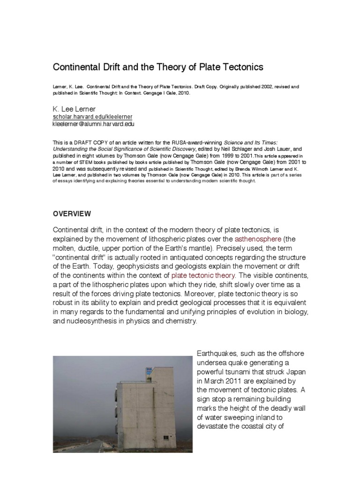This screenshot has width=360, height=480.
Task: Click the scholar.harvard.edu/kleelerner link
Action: click(x=92, y=116)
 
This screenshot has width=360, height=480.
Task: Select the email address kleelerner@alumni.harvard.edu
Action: click(x=99, y=124)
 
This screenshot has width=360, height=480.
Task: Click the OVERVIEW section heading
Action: click(x=72, y=214)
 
